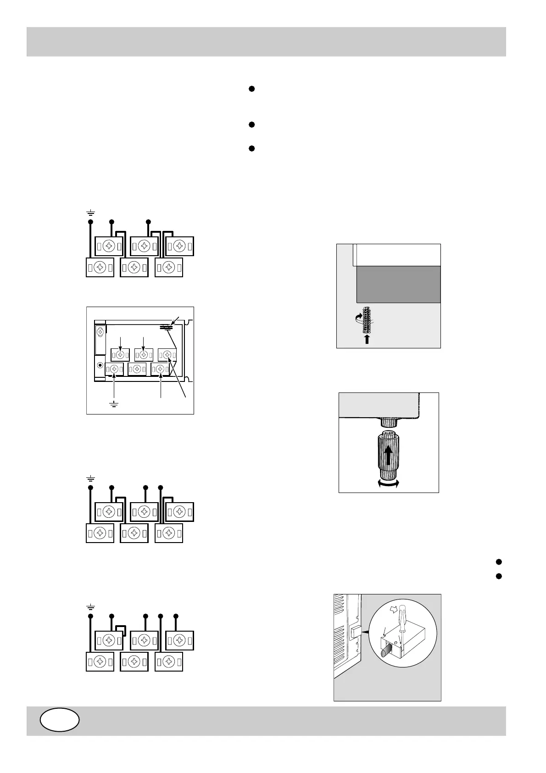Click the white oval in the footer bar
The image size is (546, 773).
tap(60, 720)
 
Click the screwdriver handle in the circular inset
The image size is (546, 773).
tap(403, 614)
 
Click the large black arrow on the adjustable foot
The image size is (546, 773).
tap(389, 456)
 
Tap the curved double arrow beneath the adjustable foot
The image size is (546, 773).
tap(388, 482)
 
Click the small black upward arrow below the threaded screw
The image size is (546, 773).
tap(367, 339)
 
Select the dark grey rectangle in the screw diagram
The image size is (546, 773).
tap(398, 284)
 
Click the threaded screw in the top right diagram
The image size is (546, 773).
tap(367, 319)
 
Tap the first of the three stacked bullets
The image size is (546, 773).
tap(251, 89)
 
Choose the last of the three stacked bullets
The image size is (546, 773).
tap(251, 148)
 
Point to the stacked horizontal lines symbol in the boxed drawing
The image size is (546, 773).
tap(166, 327)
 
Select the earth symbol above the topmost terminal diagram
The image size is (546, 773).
tap(91, 212)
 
